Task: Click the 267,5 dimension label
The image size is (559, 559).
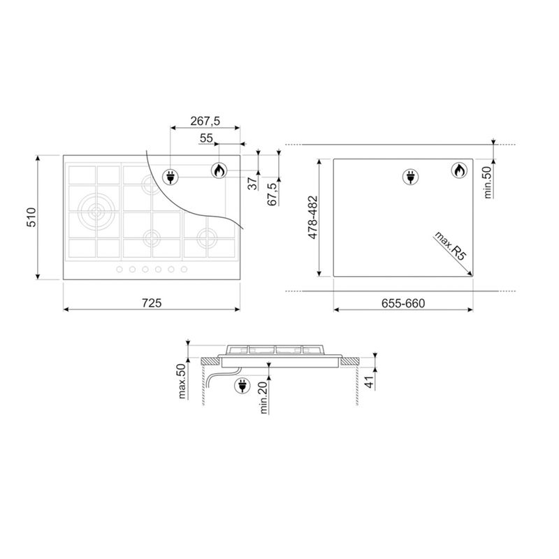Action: point(205,121)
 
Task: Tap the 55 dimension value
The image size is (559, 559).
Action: point(206,138)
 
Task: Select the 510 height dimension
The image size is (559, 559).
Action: point(31,217)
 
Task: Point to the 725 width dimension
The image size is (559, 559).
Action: point(152,303)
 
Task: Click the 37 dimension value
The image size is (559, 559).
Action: point(252,183)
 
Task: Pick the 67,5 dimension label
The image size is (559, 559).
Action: point(272,194)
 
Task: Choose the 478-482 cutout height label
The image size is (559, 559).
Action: point(312,217)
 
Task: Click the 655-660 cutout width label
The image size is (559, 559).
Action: point(403,303)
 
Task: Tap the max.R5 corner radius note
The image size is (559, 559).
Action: point(450,246)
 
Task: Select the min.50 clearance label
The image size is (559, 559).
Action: point(487,182)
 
